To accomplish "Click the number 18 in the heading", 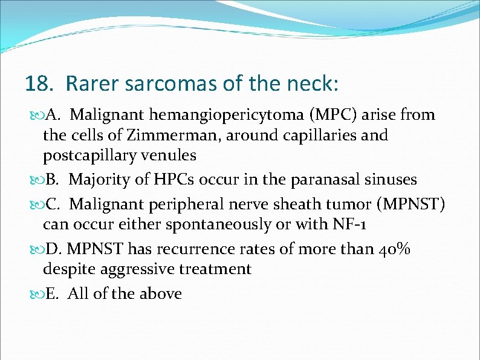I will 36,83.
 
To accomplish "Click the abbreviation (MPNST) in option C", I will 410,205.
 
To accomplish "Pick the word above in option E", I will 160,294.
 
